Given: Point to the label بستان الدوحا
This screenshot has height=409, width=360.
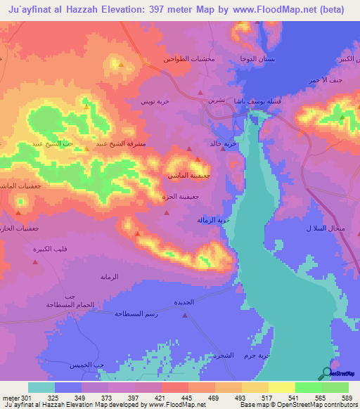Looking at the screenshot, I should pos(258,59).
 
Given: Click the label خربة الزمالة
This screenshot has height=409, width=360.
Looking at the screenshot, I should pos(214,220).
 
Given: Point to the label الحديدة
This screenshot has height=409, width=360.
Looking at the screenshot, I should pos(184,301).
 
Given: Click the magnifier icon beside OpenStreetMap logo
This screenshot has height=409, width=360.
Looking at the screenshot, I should pos(326,373).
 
